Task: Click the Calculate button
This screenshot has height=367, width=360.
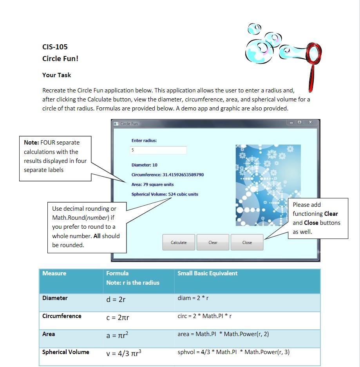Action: [x=179, y=242]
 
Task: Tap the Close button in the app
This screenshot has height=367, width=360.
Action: [x=247, y=242]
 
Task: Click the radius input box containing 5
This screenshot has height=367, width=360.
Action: [x=158, y=150]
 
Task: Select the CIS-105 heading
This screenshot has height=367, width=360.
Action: [x=55, y=47]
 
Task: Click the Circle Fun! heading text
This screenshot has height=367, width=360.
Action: [x=60, y=59]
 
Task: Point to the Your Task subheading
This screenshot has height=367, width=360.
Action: [x=56, y=75]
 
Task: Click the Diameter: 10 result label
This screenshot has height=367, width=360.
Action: [x=144, y=165]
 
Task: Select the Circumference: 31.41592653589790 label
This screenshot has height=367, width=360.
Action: [x=167, y=175]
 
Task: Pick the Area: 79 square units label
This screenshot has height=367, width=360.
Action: [x=152, y=184]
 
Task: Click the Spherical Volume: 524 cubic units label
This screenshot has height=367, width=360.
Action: [x=165, y=194]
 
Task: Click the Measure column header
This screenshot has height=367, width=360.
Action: [x=54, y=273]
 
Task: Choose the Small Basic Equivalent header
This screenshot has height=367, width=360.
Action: [x=207, y=273]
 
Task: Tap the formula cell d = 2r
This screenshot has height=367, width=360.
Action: [x=116, y=300]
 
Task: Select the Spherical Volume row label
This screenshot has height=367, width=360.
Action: [x=65, y=352]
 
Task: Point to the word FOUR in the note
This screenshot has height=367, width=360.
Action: [x=47, y=143]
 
